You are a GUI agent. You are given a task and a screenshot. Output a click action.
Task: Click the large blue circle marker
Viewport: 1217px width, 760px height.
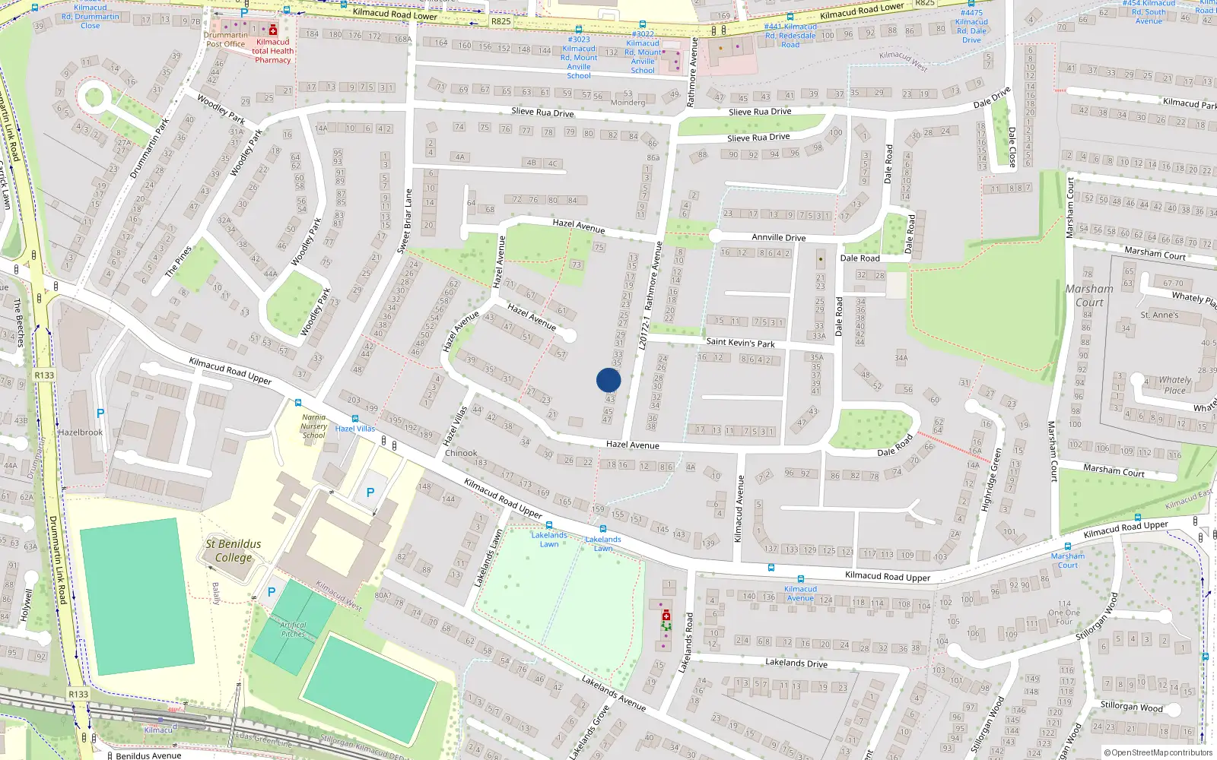[x=608, y=380]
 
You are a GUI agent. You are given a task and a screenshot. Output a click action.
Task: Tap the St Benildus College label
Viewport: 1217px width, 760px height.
[x=234, y=551]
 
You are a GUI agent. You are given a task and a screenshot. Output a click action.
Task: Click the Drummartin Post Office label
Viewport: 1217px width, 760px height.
[x=226, y=40]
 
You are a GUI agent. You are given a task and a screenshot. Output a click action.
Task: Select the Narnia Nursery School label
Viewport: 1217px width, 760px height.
[x=314, y=426]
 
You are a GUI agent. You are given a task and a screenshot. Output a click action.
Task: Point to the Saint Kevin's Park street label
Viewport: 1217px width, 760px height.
[x=740, y=343]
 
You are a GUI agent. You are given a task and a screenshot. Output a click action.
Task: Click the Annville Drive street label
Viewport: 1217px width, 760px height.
[x=778, y=237]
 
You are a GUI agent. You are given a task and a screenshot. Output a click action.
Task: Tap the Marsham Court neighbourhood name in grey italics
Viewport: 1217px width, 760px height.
[x=1089, y=296]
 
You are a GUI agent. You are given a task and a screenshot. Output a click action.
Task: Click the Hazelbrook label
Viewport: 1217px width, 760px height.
[x=81, y=432]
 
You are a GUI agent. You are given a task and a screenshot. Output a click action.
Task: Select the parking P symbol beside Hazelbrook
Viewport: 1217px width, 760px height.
[x=100, y=413]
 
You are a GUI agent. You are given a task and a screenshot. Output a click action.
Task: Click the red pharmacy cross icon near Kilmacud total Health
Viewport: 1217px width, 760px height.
[x=273, y=30]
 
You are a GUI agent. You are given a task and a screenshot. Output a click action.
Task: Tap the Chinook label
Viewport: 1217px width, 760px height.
[x=461, y=453]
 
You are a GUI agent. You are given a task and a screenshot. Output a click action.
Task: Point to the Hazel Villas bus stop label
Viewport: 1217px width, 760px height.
[x=355, y=429]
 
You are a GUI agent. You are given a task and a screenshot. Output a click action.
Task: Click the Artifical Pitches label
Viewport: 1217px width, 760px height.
[x=294, y=629]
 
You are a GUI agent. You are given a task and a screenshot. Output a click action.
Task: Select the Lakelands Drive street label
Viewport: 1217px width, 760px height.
[x=796, y=663]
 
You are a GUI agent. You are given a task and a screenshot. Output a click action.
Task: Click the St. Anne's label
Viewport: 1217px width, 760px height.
[x=1159, y=315]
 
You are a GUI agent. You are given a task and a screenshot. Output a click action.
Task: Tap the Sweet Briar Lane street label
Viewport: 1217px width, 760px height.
[x=405, y=221]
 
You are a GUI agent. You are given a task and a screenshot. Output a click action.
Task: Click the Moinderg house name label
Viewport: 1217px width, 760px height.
[x=628, y=103]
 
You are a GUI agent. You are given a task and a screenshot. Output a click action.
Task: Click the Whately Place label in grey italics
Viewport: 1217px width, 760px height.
[x=1174, y=385]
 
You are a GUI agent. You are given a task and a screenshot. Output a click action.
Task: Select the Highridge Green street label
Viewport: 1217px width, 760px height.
[x=990, y=479]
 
